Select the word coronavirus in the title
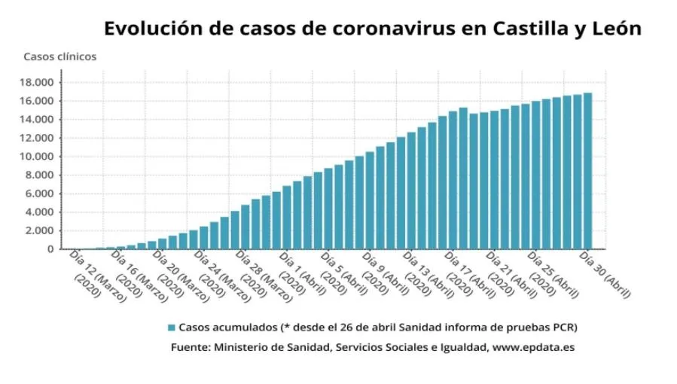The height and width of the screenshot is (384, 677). pyautogui.click(x=395, y=29)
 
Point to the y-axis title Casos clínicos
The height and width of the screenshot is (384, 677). pyautogui.click(x=59, y=56)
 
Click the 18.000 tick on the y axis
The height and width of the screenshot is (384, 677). pyautogui.click(x=38, y=83)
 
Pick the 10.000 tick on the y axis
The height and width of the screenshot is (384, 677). pyautogui.click(x=38, y=157)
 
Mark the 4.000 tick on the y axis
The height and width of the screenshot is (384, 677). pyautogui.click(x=41, y=212)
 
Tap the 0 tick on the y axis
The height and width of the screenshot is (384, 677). pyautogui.click(x=51, y=249)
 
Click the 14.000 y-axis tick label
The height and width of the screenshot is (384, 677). pyautogui.click(x=38, y=120)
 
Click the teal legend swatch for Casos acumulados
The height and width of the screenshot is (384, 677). pyautogui.click(x=171, y=328)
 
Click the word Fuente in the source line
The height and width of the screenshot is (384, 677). pyautogui.click(x=191, y=348)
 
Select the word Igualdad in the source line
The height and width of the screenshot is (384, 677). pyautogui.click(x=462, y=348)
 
